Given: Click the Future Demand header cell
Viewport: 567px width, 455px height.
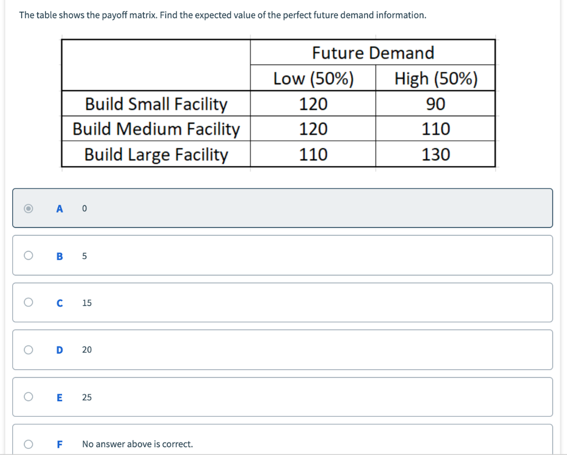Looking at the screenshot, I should [x=373, y=53].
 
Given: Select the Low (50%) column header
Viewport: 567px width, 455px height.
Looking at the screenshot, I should [x=313, y=79].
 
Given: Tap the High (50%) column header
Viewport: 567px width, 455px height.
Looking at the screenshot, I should [x=436, y=79].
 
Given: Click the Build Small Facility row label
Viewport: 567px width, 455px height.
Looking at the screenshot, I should [x=156, y=104].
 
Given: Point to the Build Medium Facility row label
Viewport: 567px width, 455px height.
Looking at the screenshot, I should [x=156, y=129].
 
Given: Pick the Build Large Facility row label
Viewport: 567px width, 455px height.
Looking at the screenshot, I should [x=156, y=154].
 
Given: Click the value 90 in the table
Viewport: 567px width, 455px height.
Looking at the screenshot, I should [x=436, y=104].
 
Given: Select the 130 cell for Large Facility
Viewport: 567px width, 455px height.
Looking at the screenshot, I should [x=436, y=154].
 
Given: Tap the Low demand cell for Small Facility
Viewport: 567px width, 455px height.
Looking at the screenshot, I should [x=313, y=104].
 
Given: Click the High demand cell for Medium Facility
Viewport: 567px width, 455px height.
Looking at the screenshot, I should [x=436, y=129].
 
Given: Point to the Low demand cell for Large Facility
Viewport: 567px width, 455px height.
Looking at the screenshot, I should [x=313, y=154].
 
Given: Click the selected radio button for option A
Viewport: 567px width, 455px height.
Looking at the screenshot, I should [x=28, y=209].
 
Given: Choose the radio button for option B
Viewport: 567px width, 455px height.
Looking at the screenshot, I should [x=28, y=256].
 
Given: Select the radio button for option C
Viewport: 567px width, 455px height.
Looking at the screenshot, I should [x=28, y=303].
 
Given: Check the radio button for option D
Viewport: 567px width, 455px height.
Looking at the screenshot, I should [x=28, y=350].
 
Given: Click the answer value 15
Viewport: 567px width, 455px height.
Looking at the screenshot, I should [x=87, y=303].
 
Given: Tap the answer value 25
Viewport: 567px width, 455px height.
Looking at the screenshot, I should [x=87, y=397].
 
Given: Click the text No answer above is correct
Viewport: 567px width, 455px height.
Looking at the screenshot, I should [x=137, y=444].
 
